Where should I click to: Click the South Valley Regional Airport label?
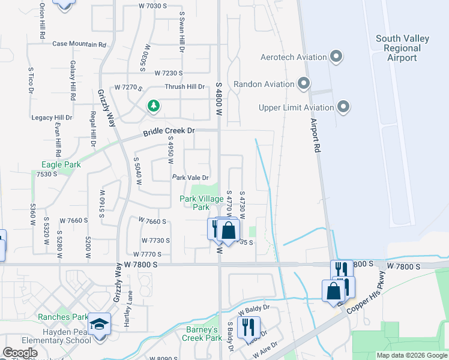click(x=402, y=48)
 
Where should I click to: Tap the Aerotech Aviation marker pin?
click(x=336, y=58)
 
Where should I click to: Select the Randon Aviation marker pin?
click(x=304, y=83)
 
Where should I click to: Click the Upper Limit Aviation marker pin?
click(x=343, y=107)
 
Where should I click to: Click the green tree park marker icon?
click(x=154, y=106)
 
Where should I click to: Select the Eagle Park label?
click(x=61, y=164)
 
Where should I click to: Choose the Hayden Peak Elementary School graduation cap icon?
click(x=99, y=324)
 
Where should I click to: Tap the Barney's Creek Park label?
click(x=200, y=334)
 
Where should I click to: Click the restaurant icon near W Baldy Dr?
click(x=247, y=328)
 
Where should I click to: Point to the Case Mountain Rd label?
click(x=79, y=44)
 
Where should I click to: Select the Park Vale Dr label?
click(x=190, y=178)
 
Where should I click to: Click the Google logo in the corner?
click(x=20, y=353)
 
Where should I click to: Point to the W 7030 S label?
click(x=152, y=6)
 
